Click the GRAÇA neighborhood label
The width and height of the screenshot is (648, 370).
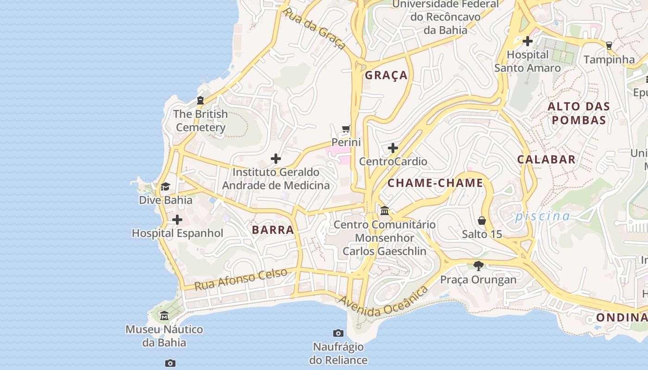pyautogui.click(x=386, y=75)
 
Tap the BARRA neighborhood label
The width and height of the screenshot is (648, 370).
pyautogui.click(x=273, y=230)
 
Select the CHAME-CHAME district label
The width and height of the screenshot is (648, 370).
pyautogui.click(x=435, y=183)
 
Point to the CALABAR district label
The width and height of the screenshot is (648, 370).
pyautogui.click(x=546, y=160)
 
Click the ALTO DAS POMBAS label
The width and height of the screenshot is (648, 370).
pyautogui.click(x=579, y=113)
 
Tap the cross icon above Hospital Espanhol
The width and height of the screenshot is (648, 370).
pyautogui.click(x=177, y=220)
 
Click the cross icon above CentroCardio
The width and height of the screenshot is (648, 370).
pyautogui.click(x=393, y=148)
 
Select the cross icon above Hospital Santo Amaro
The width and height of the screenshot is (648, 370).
pyautogui.click(x=527, y=41)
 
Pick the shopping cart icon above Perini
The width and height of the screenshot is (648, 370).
pyautogui.click(x=346, y=129)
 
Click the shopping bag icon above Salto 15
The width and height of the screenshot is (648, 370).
pyautogui.click(x=482, y=221)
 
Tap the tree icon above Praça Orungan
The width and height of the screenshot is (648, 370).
pyautogui.click(x=479, y=266)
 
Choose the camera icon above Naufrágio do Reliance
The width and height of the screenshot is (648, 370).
pyautogui.click(x=338, y=333)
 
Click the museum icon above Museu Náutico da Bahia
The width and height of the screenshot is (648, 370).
pyautogui.click(x=164, y=316)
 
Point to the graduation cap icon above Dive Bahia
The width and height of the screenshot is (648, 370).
pyautogui.click(x=165, y=187)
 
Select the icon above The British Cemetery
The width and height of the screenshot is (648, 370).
pyautogui.click(x=200, y=100)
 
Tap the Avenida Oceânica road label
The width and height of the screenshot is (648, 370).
pyautogui.click(x=383, y=302)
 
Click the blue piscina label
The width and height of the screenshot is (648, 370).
pyautogui.click(x=542, y=216)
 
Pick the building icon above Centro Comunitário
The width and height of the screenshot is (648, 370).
pyautogui.click(x=384, y=211)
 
